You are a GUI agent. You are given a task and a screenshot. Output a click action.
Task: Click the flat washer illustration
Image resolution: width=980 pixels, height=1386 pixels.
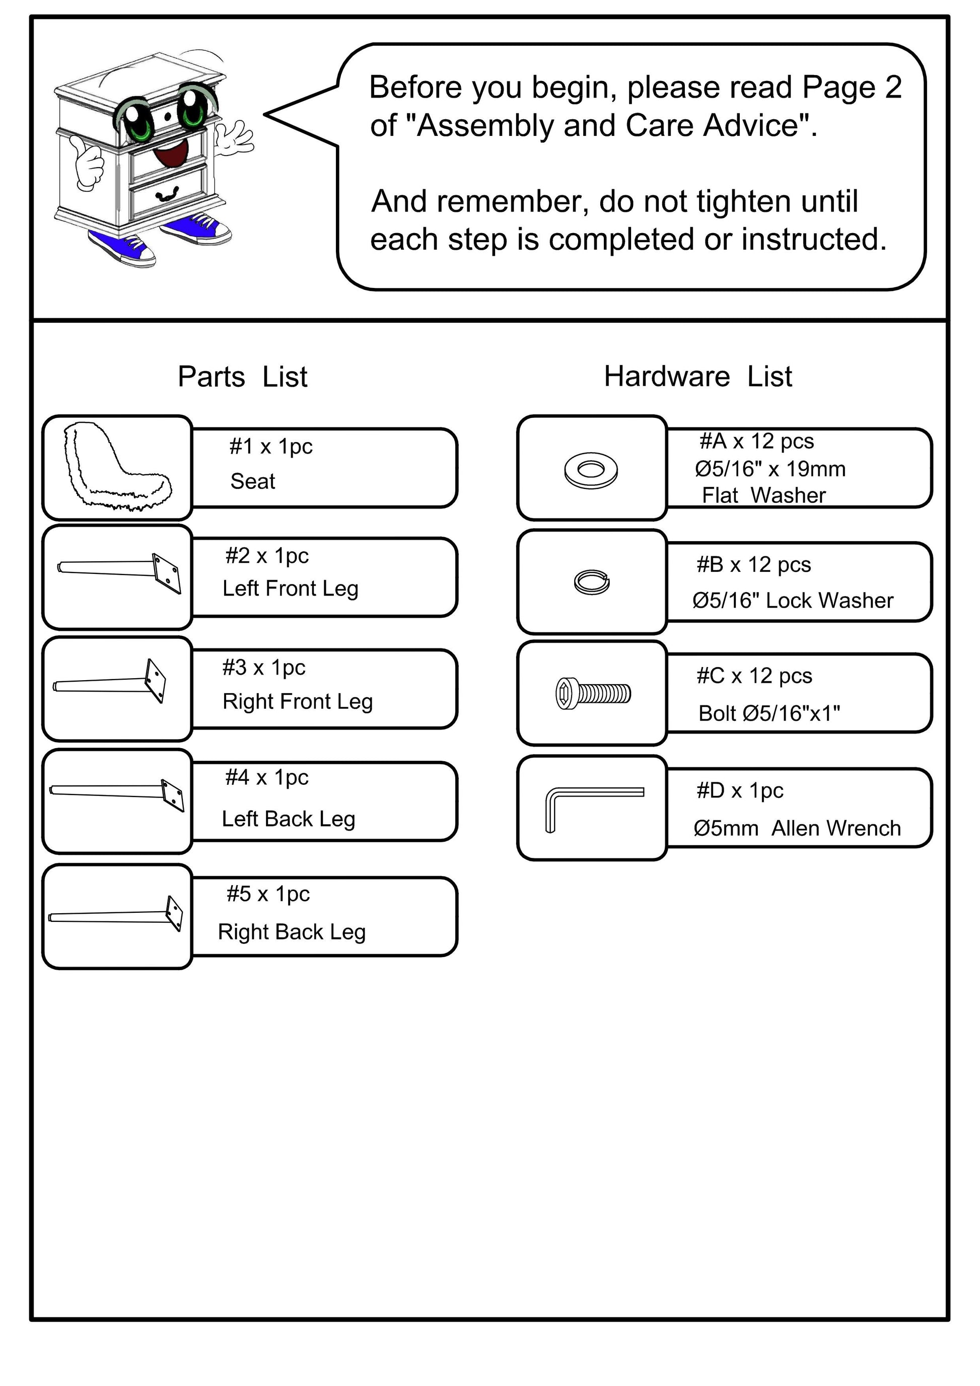[x=591, y=470]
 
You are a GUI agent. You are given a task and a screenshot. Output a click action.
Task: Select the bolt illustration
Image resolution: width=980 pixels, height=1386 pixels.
[x=593, y=693]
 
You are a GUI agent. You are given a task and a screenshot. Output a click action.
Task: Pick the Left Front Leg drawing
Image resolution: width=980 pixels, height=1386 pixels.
[x=119, y=571]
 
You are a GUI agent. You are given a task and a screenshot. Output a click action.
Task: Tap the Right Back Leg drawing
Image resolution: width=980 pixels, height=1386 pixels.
[x=115, y=915]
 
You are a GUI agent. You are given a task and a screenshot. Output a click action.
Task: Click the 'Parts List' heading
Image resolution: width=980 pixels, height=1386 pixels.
[x=242, y=377]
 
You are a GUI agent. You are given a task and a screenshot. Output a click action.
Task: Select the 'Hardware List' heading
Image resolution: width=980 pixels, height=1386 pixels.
[x=697, y=376]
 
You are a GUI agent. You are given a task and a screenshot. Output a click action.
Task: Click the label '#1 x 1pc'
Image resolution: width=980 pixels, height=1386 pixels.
[x=270, y=446]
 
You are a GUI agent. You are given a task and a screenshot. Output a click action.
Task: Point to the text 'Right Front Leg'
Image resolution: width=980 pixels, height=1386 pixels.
[x=298, y=701]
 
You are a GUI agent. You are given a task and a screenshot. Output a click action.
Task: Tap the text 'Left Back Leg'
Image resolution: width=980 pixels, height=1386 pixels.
[x=288, y=819]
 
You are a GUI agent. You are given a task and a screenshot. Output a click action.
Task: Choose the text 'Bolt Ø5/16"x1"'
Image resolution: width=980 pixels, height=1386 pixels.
[x=768, y=713]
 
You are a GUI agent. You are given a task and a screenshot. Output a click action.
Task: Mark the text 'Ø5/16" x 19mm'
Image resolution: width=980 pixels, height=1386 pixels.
[x=770, y=469]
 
